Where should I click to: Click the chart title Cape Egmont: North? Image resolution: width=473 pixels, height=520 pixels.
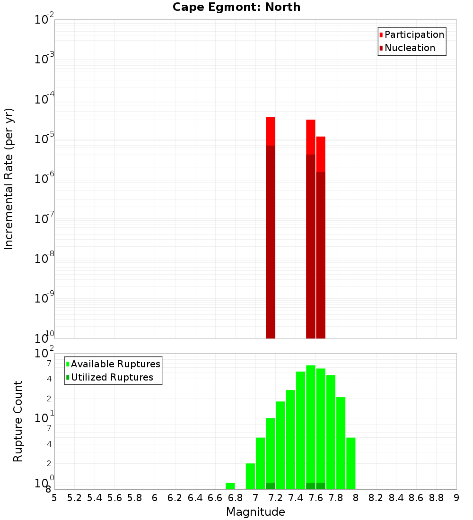236,7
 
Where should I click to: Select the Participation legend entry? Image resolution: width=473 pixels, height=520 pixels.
414,35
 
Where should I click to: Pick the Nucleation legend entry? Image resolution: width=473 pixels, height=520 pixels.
409,48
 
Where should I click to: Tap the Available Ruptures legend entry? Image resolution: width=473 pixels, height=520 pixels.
115,364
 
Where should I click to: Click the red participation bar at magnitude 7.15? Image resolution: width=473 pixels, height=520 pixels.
270,131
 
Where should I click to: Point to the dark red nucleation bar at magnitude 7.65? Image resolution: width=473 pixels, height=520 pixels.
321,255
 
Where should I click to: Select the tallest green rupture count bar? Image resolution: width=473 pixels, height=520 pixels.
311,425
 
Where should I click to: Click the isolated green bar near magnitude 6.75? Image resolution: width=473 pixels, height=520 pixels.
230,486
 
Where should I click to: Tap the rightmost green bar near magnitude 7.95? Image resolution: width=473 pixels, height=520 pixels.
351,463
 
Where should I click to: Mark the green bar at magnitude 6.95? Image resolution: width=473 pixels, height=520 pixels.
250,476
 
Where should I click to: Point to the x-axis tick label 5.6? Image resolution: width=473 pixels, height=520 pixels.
114,498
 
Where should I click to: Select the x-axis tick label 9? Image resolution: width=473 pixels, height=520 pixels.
456,498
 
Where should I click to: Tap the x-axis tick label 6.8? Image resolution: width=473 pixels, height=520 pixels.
235,498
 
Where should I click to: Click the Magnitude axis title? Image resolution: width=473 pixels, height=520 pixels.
255,512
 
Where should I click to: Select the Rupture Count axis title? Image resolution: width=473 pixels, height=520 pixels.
18,421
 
